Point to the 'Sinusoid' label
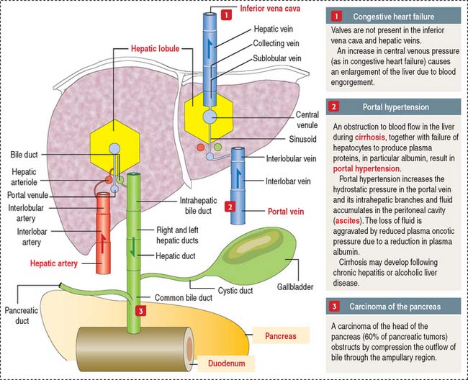pos(289,132)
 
